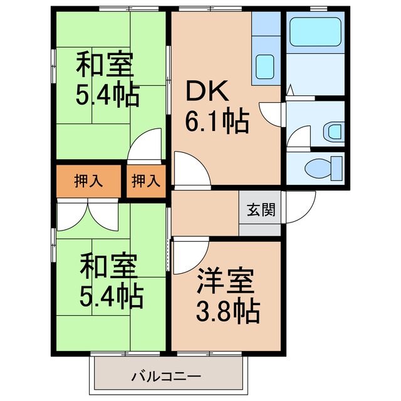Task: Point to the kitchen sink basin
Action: pos(264,66)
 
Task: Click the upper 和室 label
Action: pos(105,65)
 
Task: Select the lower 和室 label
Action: pos(108,266)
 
